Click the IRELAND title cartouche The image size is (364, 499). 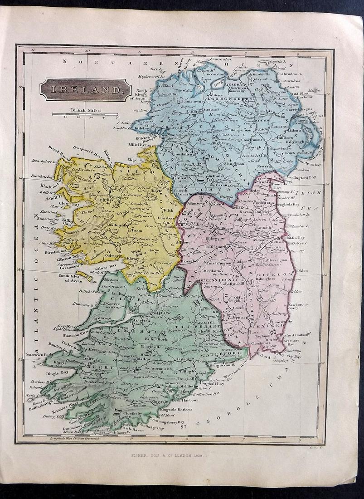click(85, 89)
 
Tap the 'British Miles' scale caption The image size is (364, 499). click(84, 110)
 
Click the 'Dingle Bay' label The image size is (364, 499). click(58, 373)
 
